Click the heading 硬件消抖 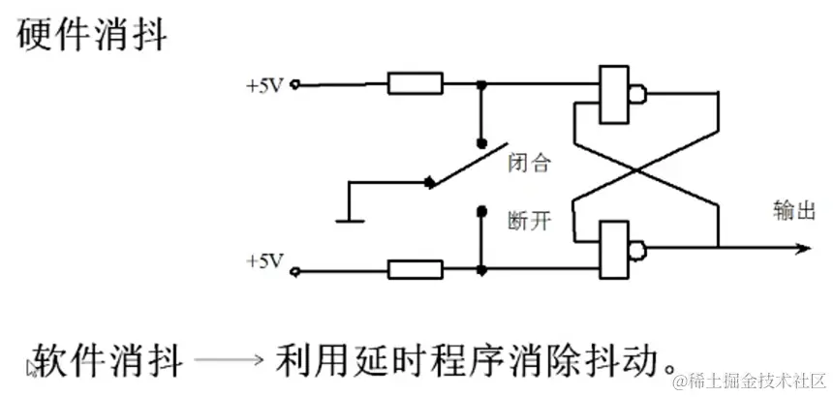(x=93, y=36)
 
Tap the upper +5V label (x=264, y=84)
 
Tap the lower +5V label (x=264, y=261)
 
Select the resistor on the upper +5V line (x=415, y=84)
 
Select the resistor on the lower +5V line (x=415, y=270)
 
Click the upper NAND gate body (x=613, y=95)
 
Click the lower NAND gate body (x=613, y=250)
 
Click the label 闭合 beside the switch (x=530, y=164)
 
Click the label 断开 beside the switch (x=530, y=222)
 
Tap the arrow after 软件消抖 (x=229, y=360)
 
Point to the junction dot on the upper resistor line (x=481, y=84)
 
